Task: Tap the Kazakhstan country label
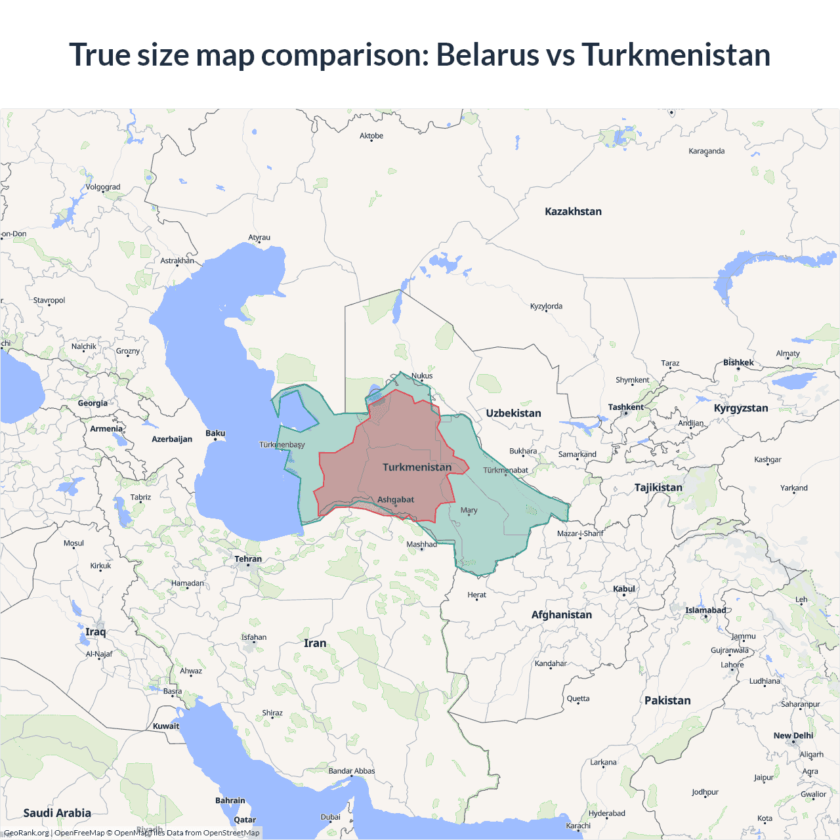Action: pyautogui.click(x=573, y=211)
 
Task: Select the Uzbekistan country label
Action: pyautogui.click(x=513, y=413)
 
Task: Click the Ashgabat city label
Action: pyautogui.click(x=396, y=499)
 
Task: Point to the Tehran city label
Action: pyautogui.click(x=248, y=559)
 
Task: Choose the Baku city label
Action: pyautogui.click(x=215, y=433)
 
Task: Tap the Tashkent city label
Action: pyautogui.click(x=625, y=407)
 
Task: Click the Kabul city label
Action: pyautogui.click(x=623, y=589)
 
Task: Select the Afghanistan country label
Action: pyautogui.click(x=561, y=615)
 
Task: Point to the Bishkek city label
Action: pyautogui.click(x=738, y=362)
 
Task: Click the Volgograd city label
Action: pyautogui.click(x=103, y=187)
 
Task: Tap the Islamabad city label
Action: pyautogui.click(x=705, y=610)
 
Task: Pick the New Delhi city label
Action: pyautogui.click(x=793, y=736)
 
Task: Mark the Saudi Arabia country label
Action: pyautogui.click(x=57, y=813)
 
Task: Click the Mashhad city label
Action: pyautogui.click(x=421, y=544)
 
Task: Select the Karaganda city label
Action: pyautogui.click(x=706, y=151)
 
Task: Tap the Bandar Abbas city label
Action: pyautogui.click(x=352, y=771)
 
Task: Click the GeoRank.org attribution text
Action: pyautogui.click(x=26, y=833)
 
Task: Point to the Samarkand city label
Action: pyautogui.click(x=577, y=454)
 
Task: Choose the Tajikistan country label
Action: pyautogui.click(x=658, y=488)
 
